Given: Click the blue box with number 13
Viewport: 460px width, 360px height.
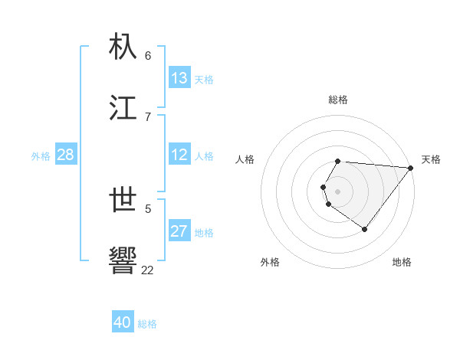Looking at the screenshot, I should [179, 78].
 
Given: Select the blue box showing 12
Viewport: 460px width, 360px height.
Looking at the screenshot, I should [179, 155].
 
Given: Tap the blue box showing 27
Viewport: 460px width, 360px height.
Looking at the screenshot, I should [179, 232].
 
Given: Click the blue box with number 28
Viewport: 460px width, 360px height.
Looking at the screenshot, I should [66, 155].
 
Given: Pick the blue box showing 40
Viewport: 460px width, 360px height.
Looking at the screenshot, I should [123, 323].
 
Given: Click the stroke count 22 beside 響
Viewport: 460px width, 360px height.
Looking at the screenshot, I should [147, 270].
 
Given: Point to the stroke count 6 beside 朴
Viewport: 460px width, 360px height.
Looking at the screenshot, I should [148, 55].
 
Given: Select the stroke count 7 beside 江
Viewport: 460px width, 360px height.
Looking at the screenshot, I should [148, 116].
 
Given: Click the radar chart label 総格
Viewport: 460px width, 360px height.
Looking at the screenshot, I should [338, 100].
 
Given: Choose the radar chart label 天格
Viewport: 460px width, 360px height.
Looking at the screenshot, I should [431, 159].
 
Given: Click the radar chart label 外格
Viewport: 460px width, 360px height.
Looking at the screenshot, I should [270, 262].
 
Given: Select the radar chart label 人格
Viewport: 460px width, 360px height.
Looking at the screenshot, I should [245, 159].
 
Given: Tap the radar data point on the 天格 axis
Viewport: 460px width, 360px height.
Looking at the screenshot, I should [410, 168].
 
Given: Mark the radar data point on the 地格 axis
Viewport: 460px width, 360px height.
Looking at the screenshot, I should [364, 229].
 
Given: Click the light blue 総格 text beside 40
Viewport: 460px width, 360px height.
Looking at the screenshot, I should [147, 324].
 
